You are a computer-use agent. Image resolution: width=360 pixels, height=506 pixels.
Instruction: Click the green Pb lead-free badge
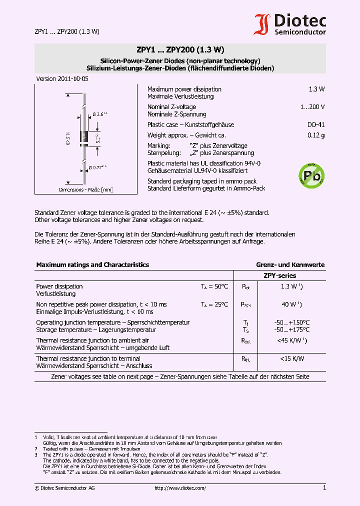(x=311, y=174)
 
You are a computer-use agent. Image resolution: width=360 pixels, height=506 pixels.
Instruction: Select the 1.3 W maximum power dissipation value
(x=316, y=89)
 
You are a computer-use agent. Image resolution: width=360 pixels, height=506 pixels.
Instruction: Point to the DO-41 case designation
(x=315, y=125)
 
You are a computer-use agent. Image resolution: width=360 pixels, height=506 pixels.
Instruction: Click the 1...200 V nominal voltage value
(x=312, y=107)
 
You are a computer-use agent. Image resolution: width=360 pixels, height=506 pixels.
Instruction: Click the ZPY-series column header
(x=279, y=275)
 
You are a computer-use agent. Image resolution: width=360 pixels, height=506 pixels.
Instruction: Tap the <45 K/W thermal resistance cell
(x=291, y=340)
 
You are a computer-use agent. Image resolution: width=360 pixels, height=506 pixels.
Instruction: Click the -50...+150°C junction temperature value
(x=292, y=322)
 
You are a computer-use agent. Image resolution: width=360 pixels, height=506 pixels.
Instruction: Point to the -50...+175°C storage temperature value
(x=292, y=330)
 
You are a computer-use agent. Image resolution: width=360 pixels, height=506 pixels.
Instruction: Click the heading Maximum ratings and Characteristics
(x=92, y=265)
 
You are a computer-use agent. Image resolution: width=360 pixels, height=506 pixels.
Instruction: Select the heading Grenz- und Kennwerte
(x=290, y=265)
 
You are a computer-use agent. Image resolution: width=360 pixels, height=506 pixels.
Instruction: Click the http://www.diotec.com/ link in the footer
(x=180, y=488)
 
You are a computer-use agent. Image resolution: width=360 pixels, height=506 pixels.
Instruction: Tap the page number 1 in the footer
(x=324, y=488)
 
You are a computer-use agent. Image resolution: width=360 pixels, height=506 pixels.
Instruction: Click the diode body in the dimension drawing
(x=84, y=136)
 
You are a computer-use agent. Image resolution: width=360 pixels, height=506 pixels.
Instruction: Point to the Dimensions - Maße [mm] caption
(x=85, y=190)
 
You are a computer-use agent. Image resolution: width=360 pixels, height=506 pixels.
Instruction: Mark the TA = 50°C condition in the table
(x=214, y=286)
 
